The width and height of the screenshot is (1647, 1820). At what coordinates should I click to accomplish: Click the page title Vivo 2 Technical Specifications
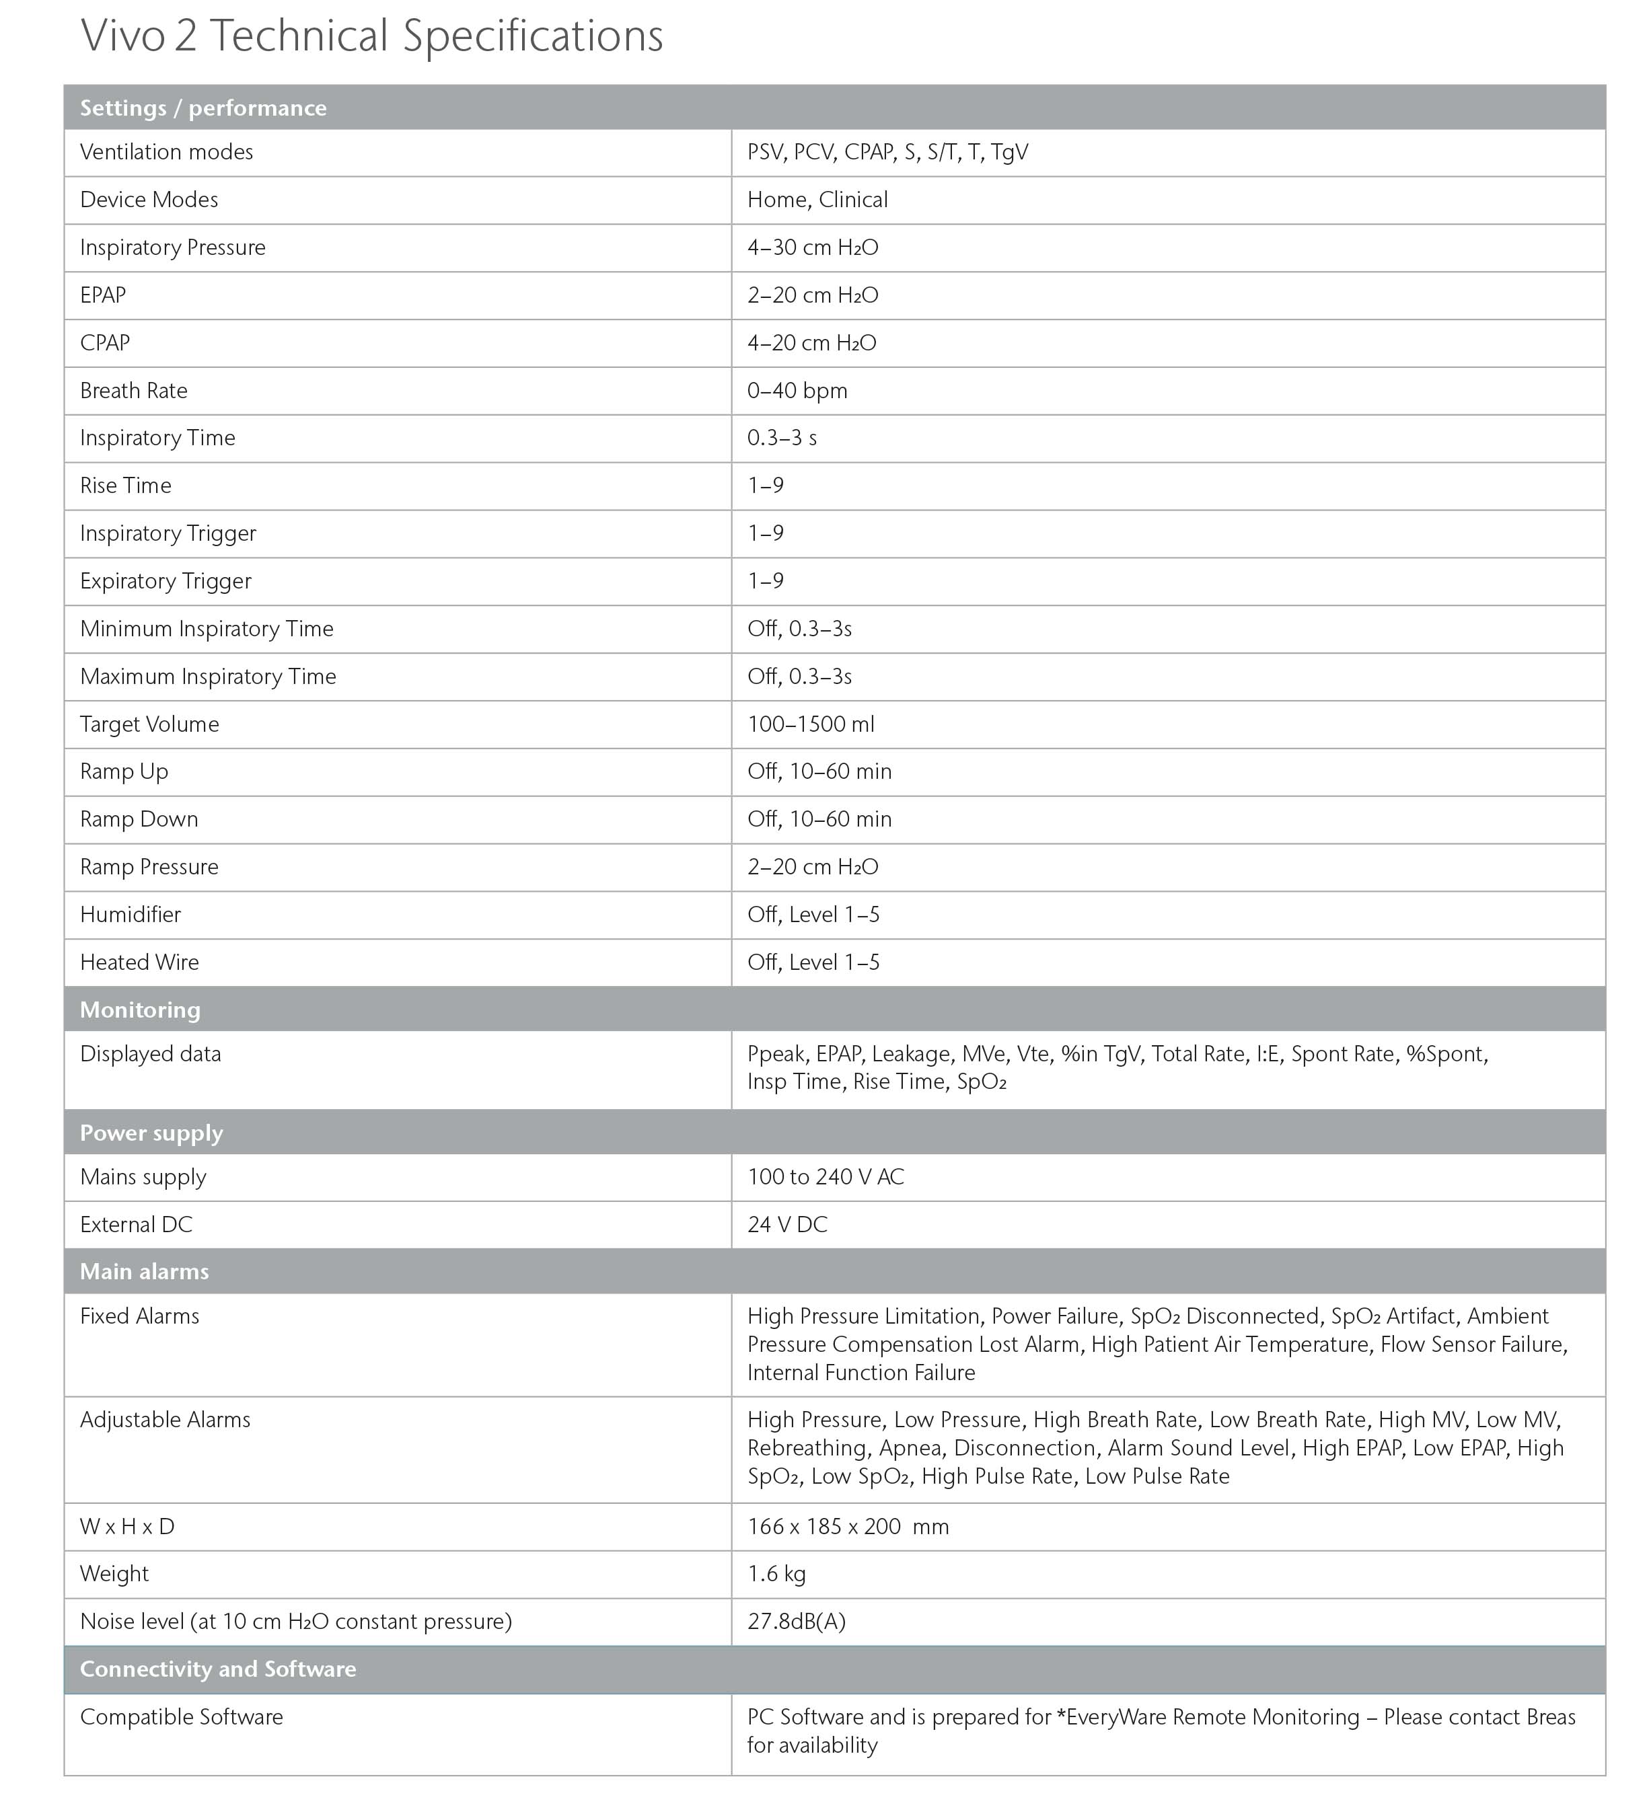pos(371,36)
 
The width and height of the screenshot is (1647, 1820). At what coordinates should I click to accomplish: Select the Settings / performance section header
pos(203,108)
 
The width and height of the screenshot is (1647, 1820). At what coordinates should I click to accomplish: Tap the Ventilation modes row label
pos(166,152)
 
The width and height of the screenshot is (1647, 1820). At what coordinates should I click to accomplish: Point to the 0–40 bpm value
pos(797,390)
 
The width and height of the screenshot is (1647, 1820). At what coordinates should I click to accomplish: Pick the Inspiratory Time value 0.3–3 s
pos(782,438)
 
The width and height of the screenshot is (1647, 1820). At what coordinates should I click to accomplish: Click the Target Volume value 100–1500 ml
pos(811,724)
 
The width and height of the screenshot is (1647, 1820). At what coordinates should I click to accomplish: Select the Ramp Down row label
pos(139,819)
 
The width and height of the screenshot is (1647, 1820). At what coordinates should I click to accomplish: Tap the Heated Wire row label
pos(139,962)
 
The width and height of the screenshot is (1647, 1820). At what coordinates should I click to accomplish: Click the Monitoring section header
pos(140,1010)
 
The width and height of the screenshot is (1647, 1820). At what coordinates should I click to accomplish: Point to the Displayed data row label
pos(150,1053)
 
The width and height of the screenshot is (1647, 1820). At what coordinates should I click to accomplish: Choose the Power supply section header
pos(151,1133)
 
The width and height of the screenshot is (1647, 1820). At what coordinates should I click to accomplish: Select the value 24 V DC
pos(787,1224)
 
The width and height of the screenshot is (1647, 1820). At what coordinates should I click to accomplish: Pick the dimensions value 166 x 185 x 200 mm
pos(848,1525)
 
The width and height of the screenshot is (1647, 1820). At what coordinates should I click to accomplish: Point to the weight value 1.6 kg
pos(776,1574)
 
